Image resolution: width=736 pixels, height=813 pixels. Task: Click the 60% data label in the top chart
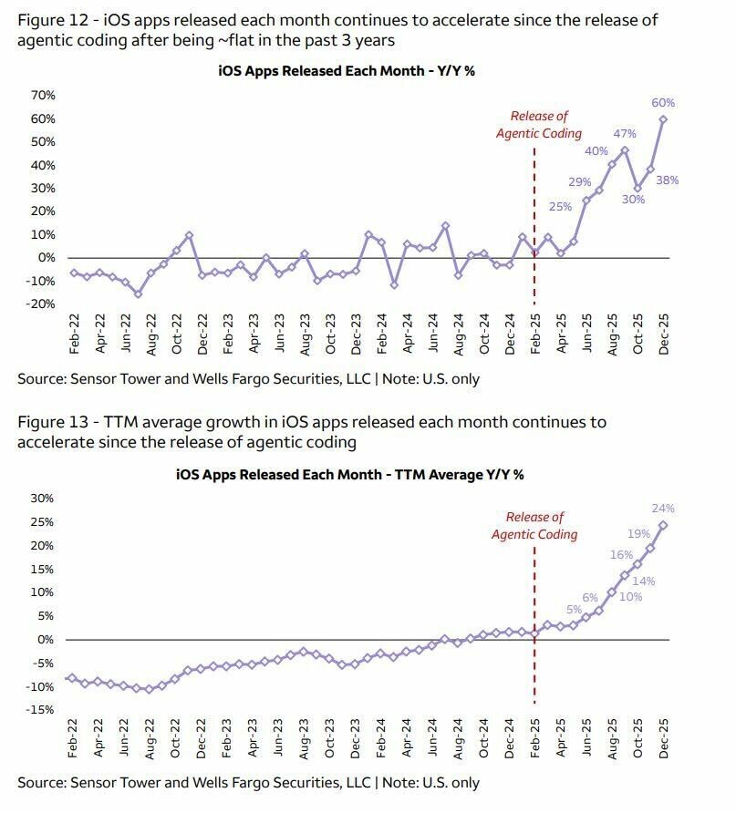[663, 103]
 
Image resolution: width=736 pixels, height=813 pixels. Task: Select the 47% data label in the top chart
[625, 134]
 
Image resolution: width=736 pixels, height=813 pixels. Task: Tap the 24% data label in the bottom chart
[663, 509]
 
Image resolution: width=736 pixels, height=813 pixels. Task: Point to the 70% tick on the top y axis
[43, 96]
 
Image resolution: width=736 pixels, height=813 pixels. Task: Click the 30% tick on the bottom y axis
[43, 499]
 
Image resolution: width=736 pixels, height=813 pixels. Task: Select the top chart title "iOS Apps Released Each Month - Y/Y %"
[347, 70]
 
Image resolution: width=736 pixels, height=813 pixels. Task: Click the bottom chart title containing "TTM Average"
[349, 474]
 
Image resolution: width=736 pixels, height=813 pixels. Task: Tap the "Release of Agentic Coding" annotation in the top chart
[538, 125]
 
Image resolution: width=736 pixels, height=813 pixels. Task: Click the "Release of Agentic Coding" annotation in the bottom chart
[534, 526]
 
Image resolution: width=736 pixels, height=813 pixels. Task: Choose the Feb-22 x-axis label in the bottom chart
[72, 741]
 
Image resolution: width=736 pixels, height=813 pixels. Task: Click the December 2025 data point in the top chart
[663, 119]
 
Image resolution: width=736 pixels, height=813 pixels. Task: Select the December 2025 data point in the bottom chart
[663, 525]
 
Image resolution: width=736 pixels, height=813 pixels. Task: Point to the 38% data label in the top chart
[692, 180]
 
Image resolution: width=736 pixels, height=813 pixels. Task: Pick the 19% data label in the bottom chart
[638, 534]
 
